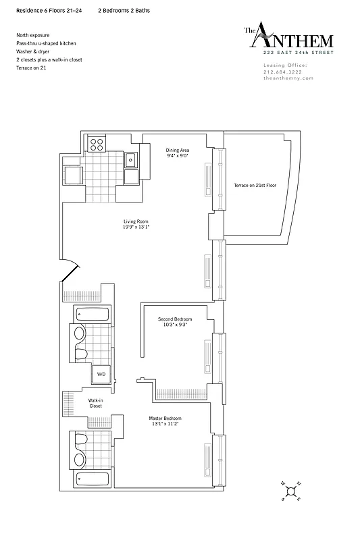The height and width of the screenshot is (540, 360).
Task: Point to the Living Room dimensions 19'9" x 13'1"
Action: click(136, 227)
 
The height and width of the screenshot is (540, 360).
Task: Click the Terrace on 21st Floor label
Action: click(255, 185)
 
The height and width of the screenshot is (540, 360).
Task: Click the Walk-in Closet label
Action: click(95, 404)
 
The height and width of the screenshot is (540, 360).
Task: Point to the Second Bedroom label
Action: click(175, 319)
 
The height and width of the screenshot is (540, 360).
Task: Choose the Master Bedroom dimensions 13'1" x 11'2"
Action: click(165, 425)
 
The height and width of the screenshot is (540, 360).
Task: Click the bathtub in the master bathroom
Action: click(89, 482)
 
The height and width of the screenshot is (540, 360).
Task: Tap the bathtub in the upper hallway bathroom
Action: click(89, 315)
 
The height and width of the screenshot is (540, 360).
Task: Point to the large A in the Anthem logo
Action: click(267, 38)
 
